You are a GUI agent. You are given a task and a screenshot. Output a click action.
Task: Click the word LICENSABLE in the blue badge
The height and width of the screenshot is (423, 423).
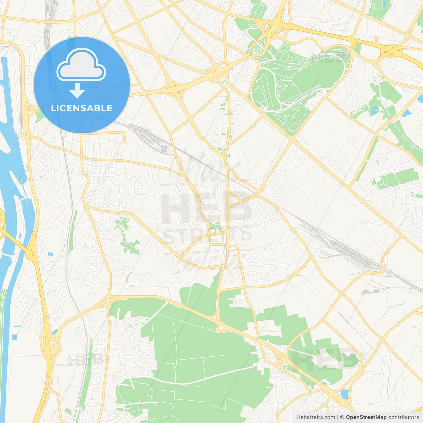point(82,108)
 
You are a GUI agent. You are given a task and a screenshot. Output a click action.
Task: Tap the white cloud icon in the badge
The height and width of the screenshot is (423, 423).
point(81,65)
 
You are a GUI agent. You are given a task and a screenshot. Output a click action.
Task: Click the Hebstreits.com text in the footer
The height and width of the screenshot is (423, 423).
point(316,417)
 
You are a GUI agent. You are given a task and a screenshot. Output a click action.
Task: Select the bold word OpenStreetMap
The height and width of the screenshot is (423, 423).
point(366,417)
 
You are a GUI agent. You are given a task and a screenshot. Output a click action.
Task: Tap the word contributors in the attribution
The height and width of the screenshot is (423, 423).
point(403,417)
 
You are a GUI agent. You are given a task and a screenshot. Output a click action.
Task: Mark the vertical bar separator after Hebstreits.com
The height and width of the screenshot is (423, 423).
point(337,417)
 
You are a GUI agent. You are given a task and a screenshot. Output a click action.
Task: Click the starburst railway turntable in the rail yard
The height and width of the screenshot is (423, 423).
point(164,148)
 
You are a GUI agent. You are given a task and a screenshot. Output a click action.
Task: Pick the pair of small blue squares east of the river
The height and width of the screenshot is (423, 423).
point(50,254)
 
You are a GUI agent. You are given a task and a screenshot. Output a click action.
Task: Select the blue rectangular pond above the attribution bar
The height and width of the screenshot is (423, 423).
point(345,394)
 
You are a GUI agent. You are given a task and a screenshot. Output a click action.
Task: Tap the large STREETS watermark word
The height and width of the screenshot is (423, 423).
point(208,235)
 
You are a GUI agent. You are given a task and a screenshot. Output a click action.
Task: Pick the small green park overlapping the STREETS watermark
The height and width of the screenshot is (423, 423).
point(215,227)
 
